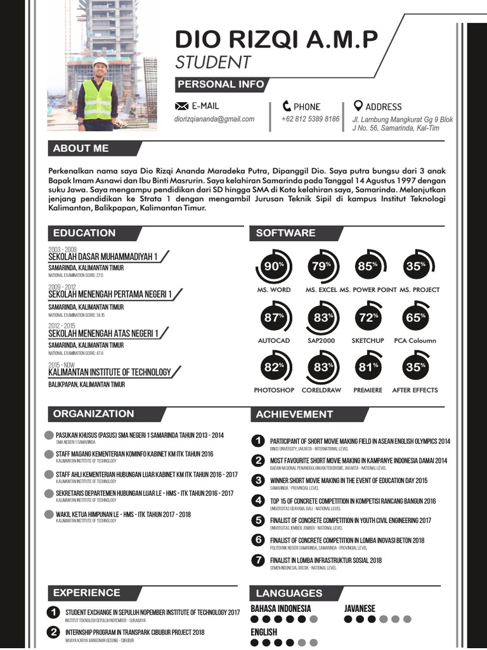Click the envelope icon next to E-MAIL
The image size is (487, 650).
point(181,106)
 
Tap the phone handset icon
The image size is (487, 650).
point(287,106)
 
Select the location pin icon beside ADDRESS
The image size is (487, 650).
point(358,106)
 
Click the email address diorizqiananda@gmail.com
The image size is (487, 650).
point(214,119)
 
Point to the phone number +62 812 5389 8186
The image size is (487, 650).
point(310,119)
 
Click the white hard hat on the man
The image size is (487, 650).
point(100,62)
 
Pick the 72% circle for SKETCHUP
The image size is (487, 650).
point(368,317)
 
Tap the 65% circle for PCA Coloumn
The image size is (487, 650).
point(415,317)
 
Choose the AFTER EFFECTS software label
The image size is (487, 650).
point(415,390)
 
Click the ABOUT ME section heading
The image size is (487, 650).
point(81,149)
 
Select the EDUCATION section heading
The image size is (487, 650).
point(84,233)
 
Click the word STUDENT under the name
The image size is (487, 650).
point(213,62)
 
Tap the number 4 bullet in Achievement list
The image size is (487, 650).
point(257,501)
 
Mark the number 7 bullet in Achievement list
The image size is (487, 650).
point(257,560)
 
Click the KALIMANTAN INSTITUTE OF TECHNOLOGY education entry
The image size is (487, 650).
point(110,373)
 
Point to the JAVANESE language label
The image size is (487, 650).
point(360,608)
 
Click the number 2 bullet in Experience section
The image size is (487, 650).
point(54,632)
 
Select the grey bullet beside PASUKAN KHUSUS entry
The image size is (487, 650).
point(49,435)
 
